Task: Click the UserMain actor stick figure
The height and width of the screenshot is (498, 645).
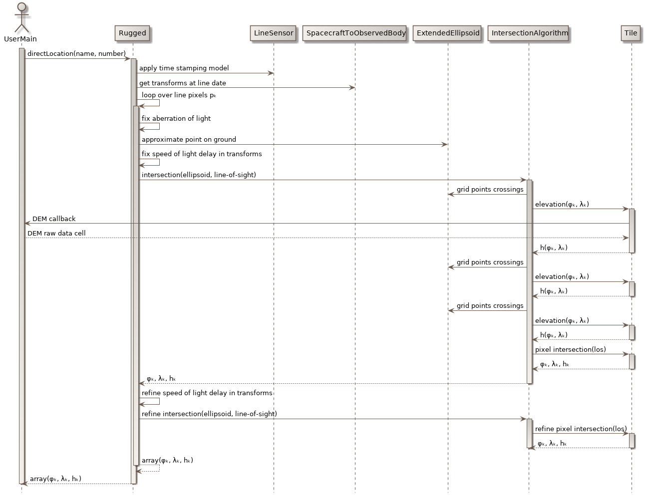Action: tap(21, 18)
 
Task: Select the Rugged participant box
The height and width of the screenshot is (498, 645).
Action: tap(132, 33)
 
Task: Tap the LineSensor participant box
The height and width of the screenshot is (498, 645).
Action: tap(274, 33)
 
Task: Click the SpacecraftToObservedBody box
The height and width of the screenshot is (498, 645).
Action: tap(355, 33)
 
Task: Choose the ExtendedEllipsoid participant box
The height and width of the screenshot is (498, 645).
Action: tap(448, 33)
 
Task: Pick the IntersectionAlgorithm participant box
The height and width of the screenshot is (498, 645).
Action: tap(529, 33)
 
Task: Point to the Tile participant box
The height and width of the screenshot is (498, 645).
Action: tap(631, 33)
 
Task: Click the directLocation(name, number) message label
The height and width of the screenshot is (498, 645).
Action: tap(76, 54)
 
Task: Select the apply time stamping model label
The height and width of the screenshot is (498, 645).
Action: tap(184, 68)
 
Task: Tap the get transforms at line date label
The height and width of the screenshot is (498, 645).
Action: tap(182, 83)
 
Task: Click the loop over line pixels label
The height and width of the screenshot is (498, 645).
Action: tap(178, 95)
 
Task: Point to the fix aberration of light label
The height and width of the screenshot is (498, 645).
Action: tap(176, 119)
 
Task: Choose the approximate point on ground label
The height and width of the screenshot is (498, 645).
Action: tap(189, 140)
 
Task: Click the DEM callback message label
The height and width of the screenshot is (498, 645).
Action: tap(54, 219)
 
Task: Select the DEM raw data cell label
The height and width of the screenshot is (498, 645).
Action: tap(56, 234)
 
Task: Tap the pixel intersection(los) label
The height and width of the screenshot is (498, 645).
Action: tap(570, 350)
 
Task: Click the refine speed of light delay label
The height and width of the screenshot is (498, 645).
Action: tap(207, 393)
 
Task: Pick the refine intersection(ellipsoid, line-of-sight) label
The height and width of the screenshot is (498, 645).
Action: tap(209, 414)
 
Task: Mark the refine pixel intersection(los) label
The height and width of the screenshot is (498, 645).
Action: tap(581, 429)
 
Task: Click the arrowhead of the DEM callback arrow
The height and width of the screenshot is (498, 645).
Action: tap(27, 224)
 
